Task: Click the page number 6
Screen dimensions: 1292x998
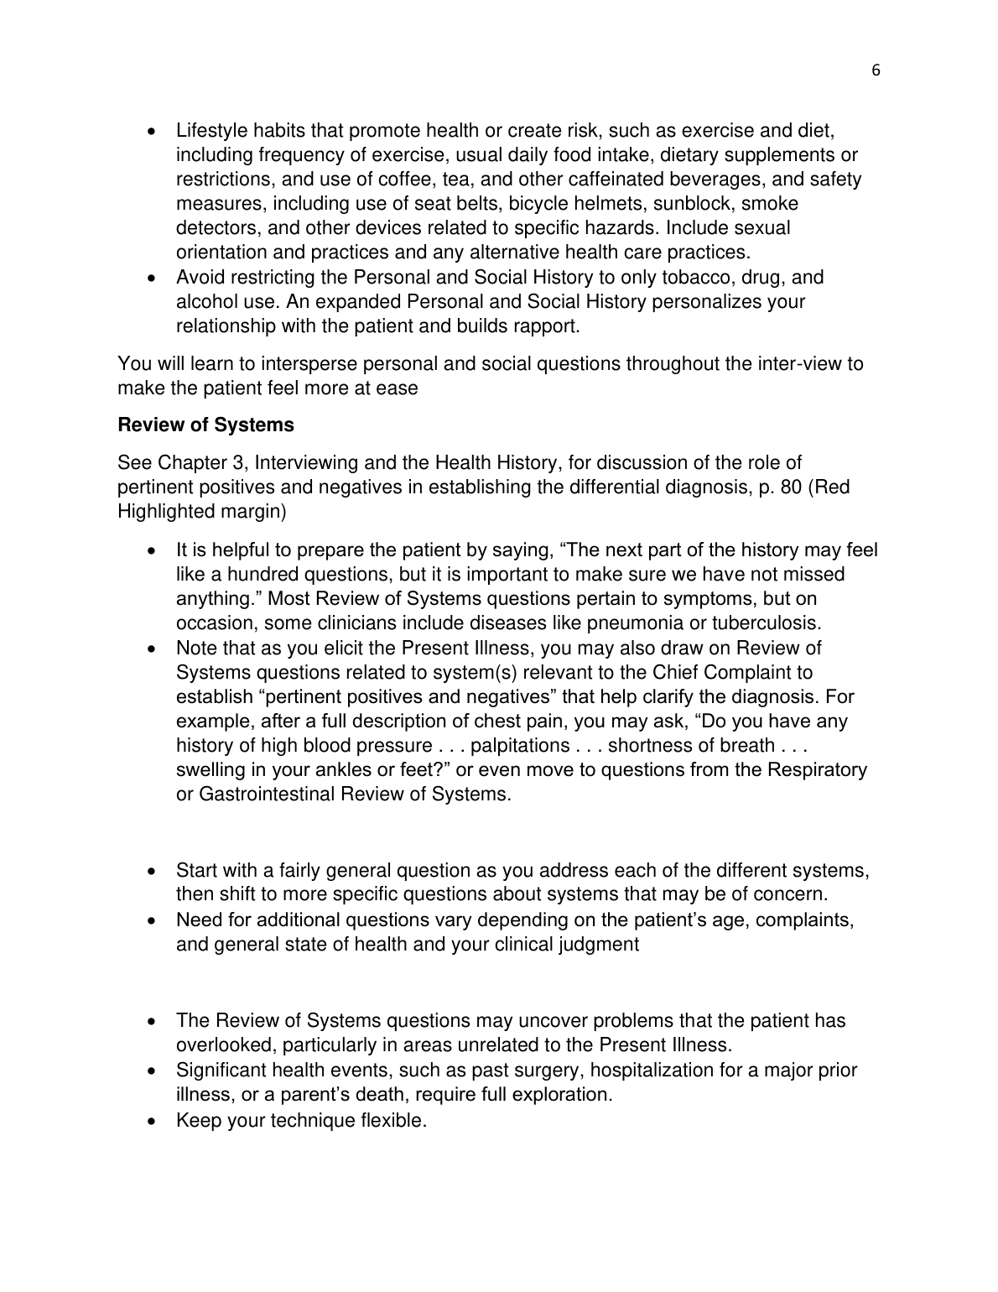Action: [876, 71]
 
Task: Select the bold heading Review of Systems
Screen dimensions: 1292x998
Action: [205, 425]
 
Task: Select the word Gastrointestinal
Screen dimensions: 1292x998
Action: [267, 794]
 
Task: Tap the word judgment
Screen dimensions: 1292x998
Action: [597, 945]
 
